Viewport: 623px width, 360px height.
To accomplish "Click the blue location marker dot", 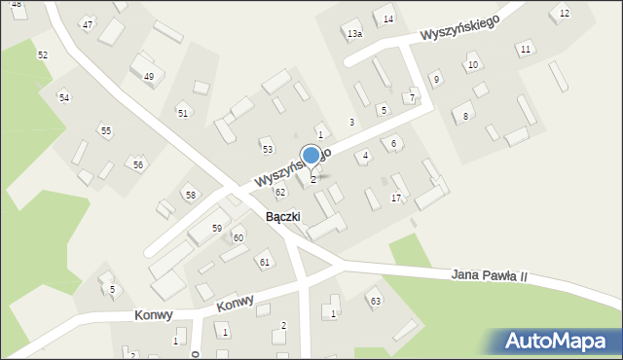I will point(311,155).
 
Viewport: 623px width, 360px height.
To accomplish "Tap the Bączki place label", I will point(282,216).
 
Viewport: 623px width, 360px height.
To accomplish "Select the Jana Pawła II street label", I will point(489,276).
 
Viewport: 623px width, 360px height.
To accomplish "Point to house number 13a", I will point(354,34).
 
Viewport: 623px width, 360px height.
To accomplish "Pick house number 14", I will point(388,19).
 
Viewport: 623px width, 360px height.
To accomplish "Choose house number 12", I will point(565,14).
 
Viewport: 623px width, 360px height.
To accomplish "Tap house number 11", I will point(526,49).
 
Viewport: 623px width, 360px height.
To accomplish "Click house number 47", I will point(88,23).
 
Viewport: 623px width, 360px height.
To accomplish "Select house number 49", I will point(148,76).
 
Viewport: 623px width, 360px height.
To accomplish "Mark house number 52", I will point(43,55).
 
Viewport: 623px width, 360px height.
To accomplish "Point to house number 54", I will point(64,97).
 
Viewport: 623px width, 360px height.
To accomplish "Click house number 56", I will point(138,164).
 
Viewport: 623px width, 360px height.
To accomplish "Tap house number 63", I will point(375,301).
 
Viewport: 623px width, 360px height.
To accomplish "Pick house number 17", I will point(395,198).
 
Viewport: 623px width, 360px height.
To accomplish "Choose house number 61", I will point(264,263).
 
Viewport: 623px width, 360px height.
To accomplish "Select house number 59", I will point(217,228).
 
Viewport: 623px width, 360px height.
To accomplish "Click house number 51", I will point(183,113).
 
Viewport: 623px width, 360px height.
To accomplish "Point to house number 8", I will point(465,116).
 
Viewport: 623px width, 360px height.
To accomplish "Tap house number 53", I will point(268,149).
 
